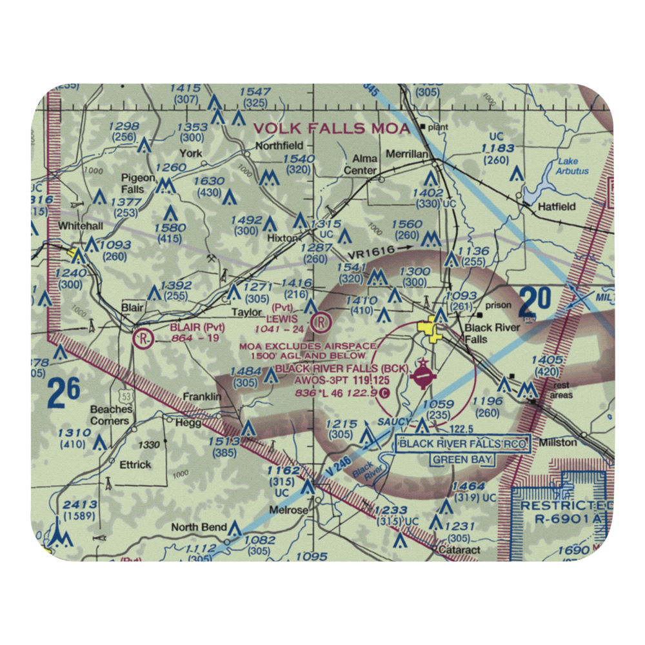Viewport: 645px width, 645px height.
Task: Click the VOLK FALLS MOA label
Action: pyautogui.click(x=332, y=128)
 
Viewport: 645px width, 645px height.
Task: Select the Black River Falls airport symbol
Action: pyautogui.click(x=422, y=375)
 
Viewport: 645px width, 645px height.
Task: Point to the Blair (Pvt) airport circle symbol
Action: pyautogui.click(x=143, y=337)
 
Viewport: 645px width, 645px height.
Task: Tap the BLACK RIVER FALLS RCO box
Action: pyautogui.click(x=462, y=444)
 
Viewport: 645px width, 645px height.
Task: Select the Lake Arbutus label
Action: pyautogui.click(x=572, y=166)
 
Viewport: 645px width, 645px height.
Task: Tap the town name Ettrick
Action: pyautogui.click(x=135, y=464)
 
